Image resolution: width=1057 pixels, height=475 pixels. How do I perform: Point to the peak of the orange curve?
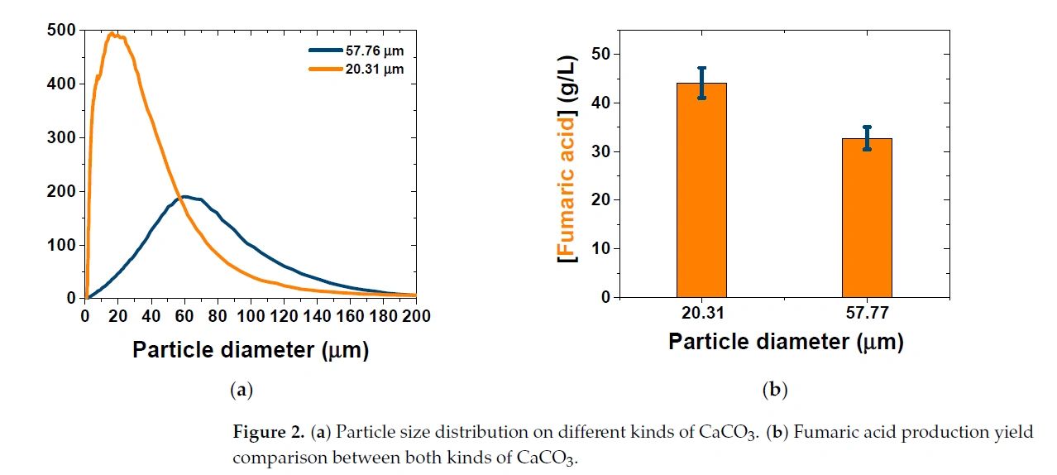112,34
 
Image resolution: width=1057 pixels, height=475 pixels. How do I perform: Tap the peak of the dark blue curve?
184,197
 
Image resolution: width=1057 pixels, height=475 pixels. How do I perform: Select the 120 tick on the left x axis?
284,316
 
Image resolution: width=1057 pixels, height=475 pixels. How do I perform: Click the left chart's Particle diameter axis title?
250,350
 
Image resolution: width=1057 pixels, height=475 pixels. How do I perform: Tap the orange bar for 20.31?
701,190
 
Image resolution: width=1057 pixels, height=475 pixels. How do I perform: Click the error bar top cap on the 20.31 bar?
701,68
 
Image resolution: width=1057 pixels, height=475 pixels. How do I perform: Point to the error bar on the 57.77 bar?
867,138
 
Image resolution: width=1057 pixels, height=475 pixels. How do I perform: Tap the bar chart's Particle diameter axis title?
785,342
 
